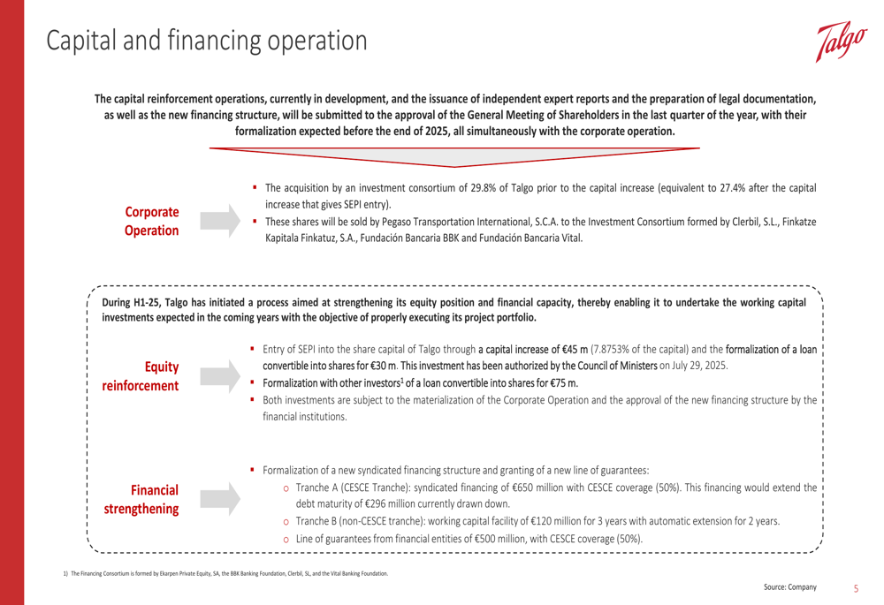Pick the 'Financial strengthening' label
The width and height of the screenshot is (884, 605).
pos(155,499)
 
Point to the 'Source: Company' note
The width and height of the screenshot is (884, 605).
pos(790,587)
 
